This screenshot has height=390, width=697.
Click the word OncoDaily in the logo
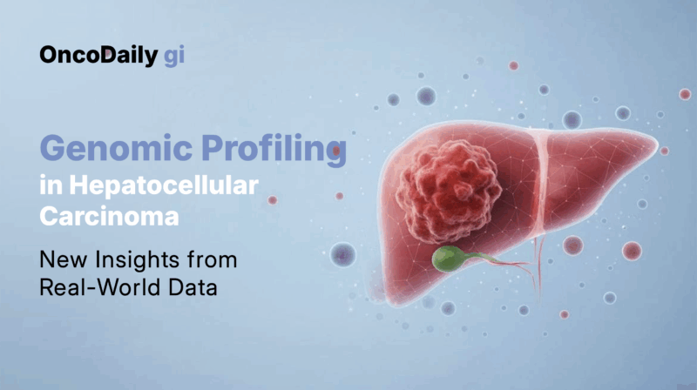tap(97, 56)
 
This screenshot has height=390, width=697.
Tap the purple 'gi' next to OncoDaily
tap(173, 57)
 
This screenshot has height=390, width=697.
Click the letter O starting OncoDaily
tap(49, 56)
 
